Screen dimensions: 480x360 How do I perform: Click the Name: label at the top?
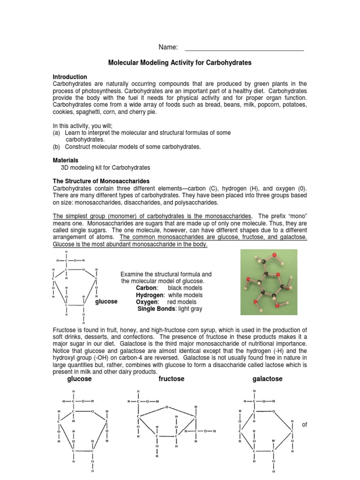168,47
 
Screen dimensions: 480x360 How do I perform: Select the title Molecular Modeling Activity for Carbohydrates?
180,62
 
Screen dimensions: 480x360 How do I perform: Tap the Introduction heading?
69,76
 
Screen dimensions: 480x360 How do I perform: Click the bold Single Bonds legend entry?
156,309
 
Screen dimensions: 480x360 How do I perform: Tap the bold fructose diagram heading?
172,379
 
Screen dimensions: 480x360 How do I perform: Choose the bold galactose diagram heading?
267,379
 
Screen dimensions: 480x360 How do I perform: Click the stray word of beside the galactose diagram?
304,425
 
